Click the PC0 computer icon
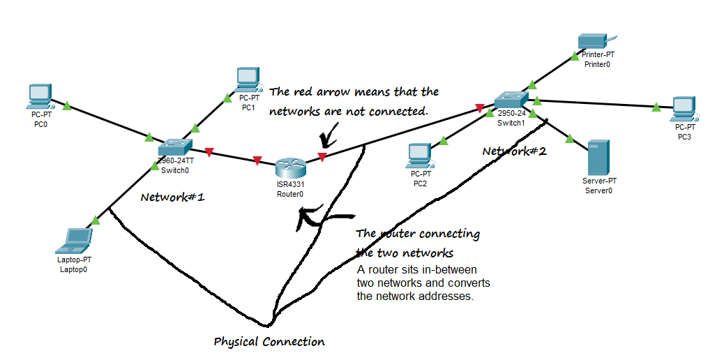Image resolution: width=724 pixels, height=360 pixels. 40,96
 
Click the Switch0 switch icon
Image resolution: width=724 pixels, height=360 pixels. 174,147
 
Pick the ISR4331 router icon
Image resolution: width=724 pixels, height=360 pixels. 289,168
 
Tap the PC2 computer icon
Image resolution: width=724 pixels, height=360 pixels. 420,155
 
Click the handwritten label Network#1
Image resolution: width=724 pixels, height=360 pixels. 172,197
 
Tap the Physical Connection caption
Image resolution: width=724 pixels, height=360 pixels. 269,342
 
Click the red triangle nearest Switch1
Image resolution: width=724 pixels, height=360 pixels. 479,108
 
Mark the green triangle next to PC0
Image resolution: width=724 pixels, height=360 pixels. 67,106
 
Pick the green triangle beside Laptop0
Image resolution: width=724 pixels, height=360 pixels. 96,220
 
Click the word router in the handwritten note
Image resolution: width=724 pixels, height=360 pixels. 395,234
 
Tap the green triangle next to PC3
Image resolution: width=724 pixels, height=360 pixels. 656,107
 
